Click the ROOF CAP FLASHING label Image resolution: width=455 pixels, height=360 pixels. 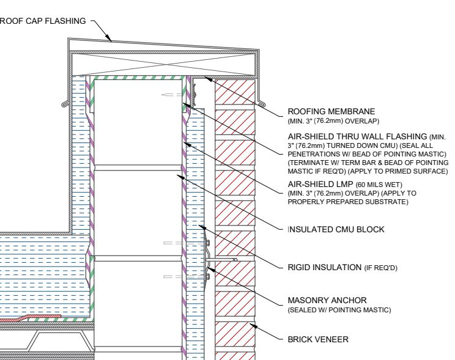pyautogui.click(x=43, y=21)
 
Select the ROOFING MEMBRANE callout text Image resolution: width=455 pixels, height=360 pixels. pyautogui.click(x=331, y=111)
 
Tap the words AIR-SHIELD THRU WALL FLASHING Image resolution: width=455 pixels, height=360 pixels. pyautogui.click(x=357, y=136)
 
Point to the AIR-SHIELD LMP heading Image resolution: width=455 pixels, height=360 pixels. pyautogui.click(x=320, y=184)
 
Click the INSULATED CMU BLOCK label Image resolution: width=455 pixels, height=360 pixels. pyautogui.click(x=336, y=229)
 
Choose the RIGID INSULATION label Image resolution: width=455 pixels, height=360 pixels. pyautogui.click(x=324, y=267)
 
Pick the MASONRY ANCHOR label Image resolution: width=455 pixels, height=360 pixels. pyautogui.click(x=327, y=300)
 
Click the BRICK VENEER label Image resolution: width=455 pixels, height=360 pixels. pyautogui.click(x=318, y=339)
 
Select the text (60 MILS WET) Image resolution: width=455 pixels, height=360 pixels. pyautogui.click(x=379, y=185)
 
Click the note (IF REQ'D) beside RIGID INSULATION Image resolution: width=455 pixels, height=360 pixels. pyautogui.click(x=381, y=268)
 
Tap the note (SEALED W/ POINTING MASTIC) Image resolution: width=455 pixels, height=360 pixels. pyautogui.click(x=339, y=310)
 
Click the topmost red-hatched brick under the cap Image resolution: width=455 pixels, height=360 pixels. pyautogui.click(x=235, y=92)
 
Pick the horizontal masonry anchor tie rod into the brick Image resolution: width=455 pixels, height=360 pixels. pyautogui.click(x=222, y=260)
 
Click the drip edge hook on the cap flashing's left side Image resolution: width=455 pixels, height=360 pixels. pyautogui.click(x=66, y=103)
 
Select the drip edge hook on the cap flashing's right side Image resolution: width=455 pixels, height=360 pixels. pyautogui.click(x=262, y=103)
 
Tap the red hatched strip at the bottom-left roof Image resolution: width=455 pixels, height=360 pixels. pyautogui.click(x=31, y=318)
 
